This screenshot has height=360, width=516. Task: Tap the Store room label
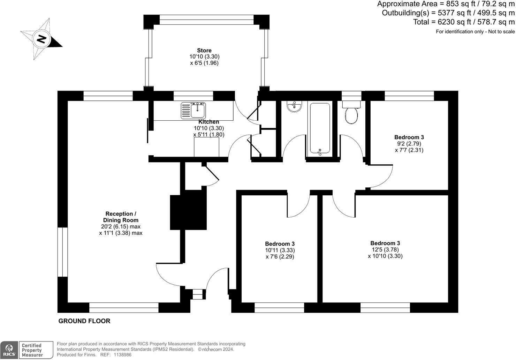(x=204, y=50)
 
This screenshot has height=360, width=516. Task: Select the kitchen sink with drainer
(x=193, y=111)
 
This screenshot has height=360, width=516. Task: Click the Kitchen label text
(x=209, y=122)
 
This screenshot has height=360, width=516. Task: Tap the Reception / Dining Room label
(x=121, y=217)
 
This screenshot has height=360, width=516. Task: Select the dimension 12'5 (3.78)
(x=385, y=250)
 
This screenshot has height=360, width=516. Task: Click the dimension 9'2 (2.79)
(x=409, y=144)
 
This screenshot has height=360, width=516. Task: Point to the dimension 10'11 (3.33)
(x=280, y=250)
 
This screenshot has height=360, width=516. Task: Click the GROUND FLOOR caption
(x=84, y=321)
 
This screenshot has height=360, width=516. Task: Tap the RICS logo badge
(x=9, y=350)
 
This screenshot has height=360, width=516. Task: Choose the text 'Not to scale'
(x=501, y=32)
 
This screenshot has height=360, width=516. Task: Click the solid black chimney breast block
(x=188, y=210)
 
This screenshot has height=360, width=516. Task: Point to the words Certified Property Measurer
(x=32, y=350)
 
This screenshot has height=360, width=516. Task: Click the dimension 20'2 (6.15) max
(x=121, y=226)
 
